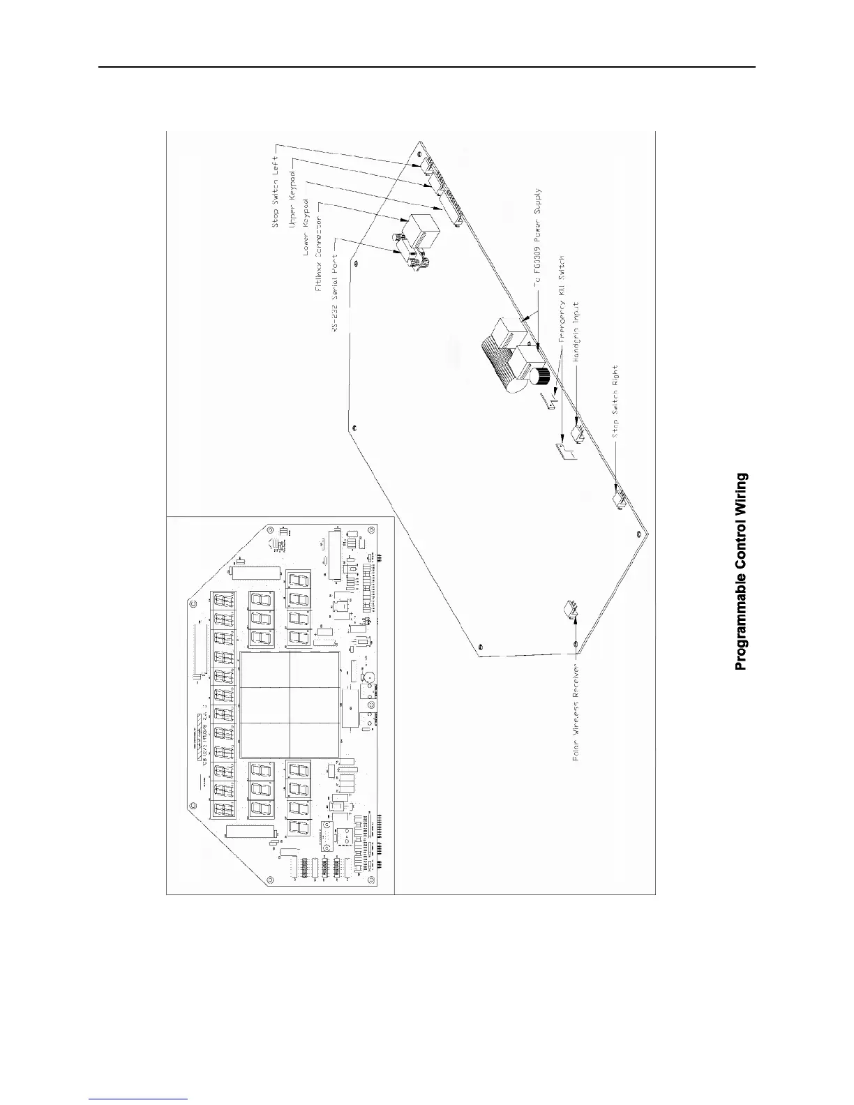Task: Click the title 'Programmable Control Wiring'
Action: point(742,571)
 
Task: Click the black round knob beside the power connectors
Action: point(540,377)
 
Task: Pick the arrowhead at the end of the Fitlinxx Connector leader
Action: point(403,221)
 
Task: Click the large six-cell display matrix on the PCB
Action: point(289,705)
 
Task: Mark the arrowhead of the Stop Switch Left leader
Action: point(421,163)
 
